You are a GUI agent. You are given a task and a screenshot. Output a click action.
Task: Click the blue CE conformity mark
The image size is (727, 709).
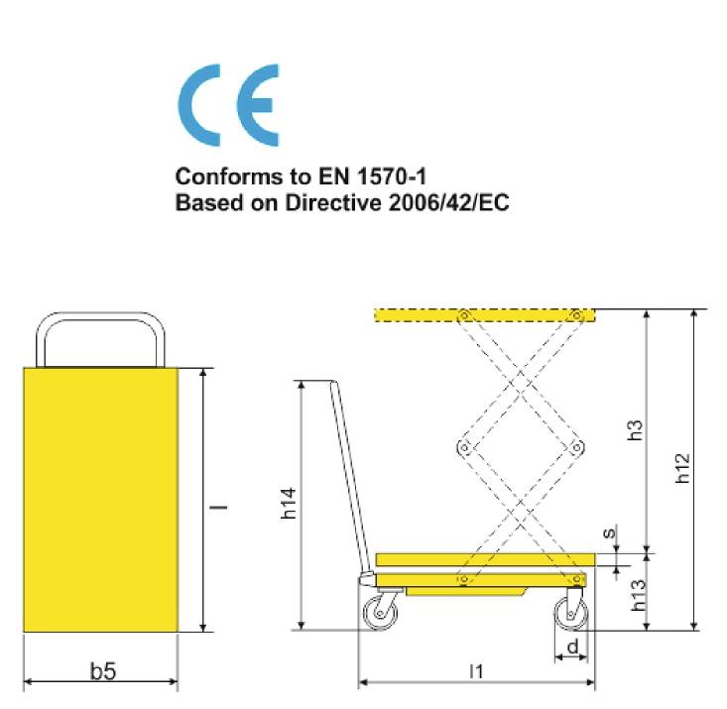point(228,105)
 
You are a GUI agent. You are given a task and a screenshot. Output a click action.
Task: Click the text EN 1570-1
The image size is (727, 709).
point(371,177)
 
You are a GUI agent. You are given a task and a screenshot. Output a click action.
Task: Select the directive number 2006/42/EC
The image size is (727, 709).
point(449,202)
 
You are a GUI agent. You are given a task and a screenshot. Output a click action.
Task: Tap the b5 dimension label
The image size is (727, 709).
point(102,671)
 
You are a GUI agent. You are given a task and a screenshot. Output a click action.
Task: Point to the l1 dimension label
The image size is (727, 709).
point(476,671)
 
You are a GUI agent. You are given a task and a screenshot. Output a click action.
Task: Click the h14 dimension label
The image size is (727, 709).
point(289,503)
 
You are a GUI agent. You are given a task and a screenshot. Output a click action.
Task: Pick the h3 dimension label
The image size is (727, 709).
point(635,429)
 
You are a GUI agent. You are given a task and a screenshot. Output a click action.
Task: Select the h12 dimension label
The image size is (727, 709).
point(682,468)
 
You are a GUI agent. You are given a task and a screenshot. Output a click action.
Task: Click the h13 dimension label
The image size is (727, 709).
point(639,595)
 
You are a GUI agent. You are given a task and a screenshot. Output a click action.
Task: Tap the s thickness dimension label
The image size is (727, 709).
point(610,532)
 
